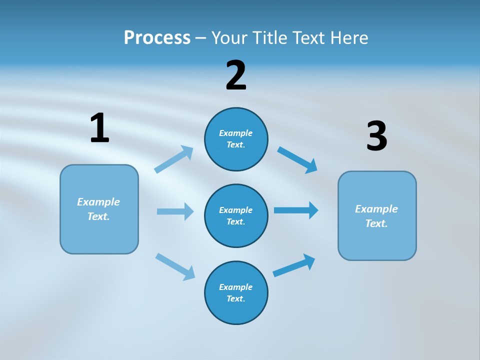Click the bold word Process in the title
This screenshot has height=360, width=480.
[x=157, y=38]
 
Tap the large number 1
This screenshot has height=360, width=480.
[x=99, y=128]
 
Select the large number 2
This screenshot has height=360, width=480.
[x=236, y=75]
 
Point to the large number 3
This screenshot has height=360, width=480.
[x=376, y=136]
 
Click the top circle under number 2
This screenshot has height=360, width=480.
[x=236, y=139]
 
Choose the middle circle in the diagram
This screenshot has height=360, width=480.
[x=236, y=215]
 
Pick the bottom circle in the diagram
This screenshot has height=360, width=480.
[x=236, y=292]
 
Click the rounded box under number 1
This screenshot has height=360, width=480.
[x=99, y=209]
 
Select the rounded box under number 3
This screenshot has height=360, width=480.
[x=377, y=215]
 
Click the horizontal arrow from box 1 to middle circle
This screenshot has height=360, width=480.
[x=175, y=211]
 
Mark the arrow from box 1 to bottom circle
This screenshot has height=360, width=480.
[x=175, y=266]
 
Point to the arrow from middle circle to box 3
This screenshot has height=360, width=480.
[x=296, y=210]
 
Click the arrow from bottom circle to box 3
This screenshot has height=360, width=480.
[x=294, y=265]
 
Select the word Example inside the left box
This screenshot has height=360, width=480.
[x=98, y=202]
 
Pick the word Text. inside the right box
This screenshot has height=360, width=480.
[x=376, y=223]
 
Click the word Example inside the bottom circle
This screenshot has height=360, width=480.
[x=236, y=287]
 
